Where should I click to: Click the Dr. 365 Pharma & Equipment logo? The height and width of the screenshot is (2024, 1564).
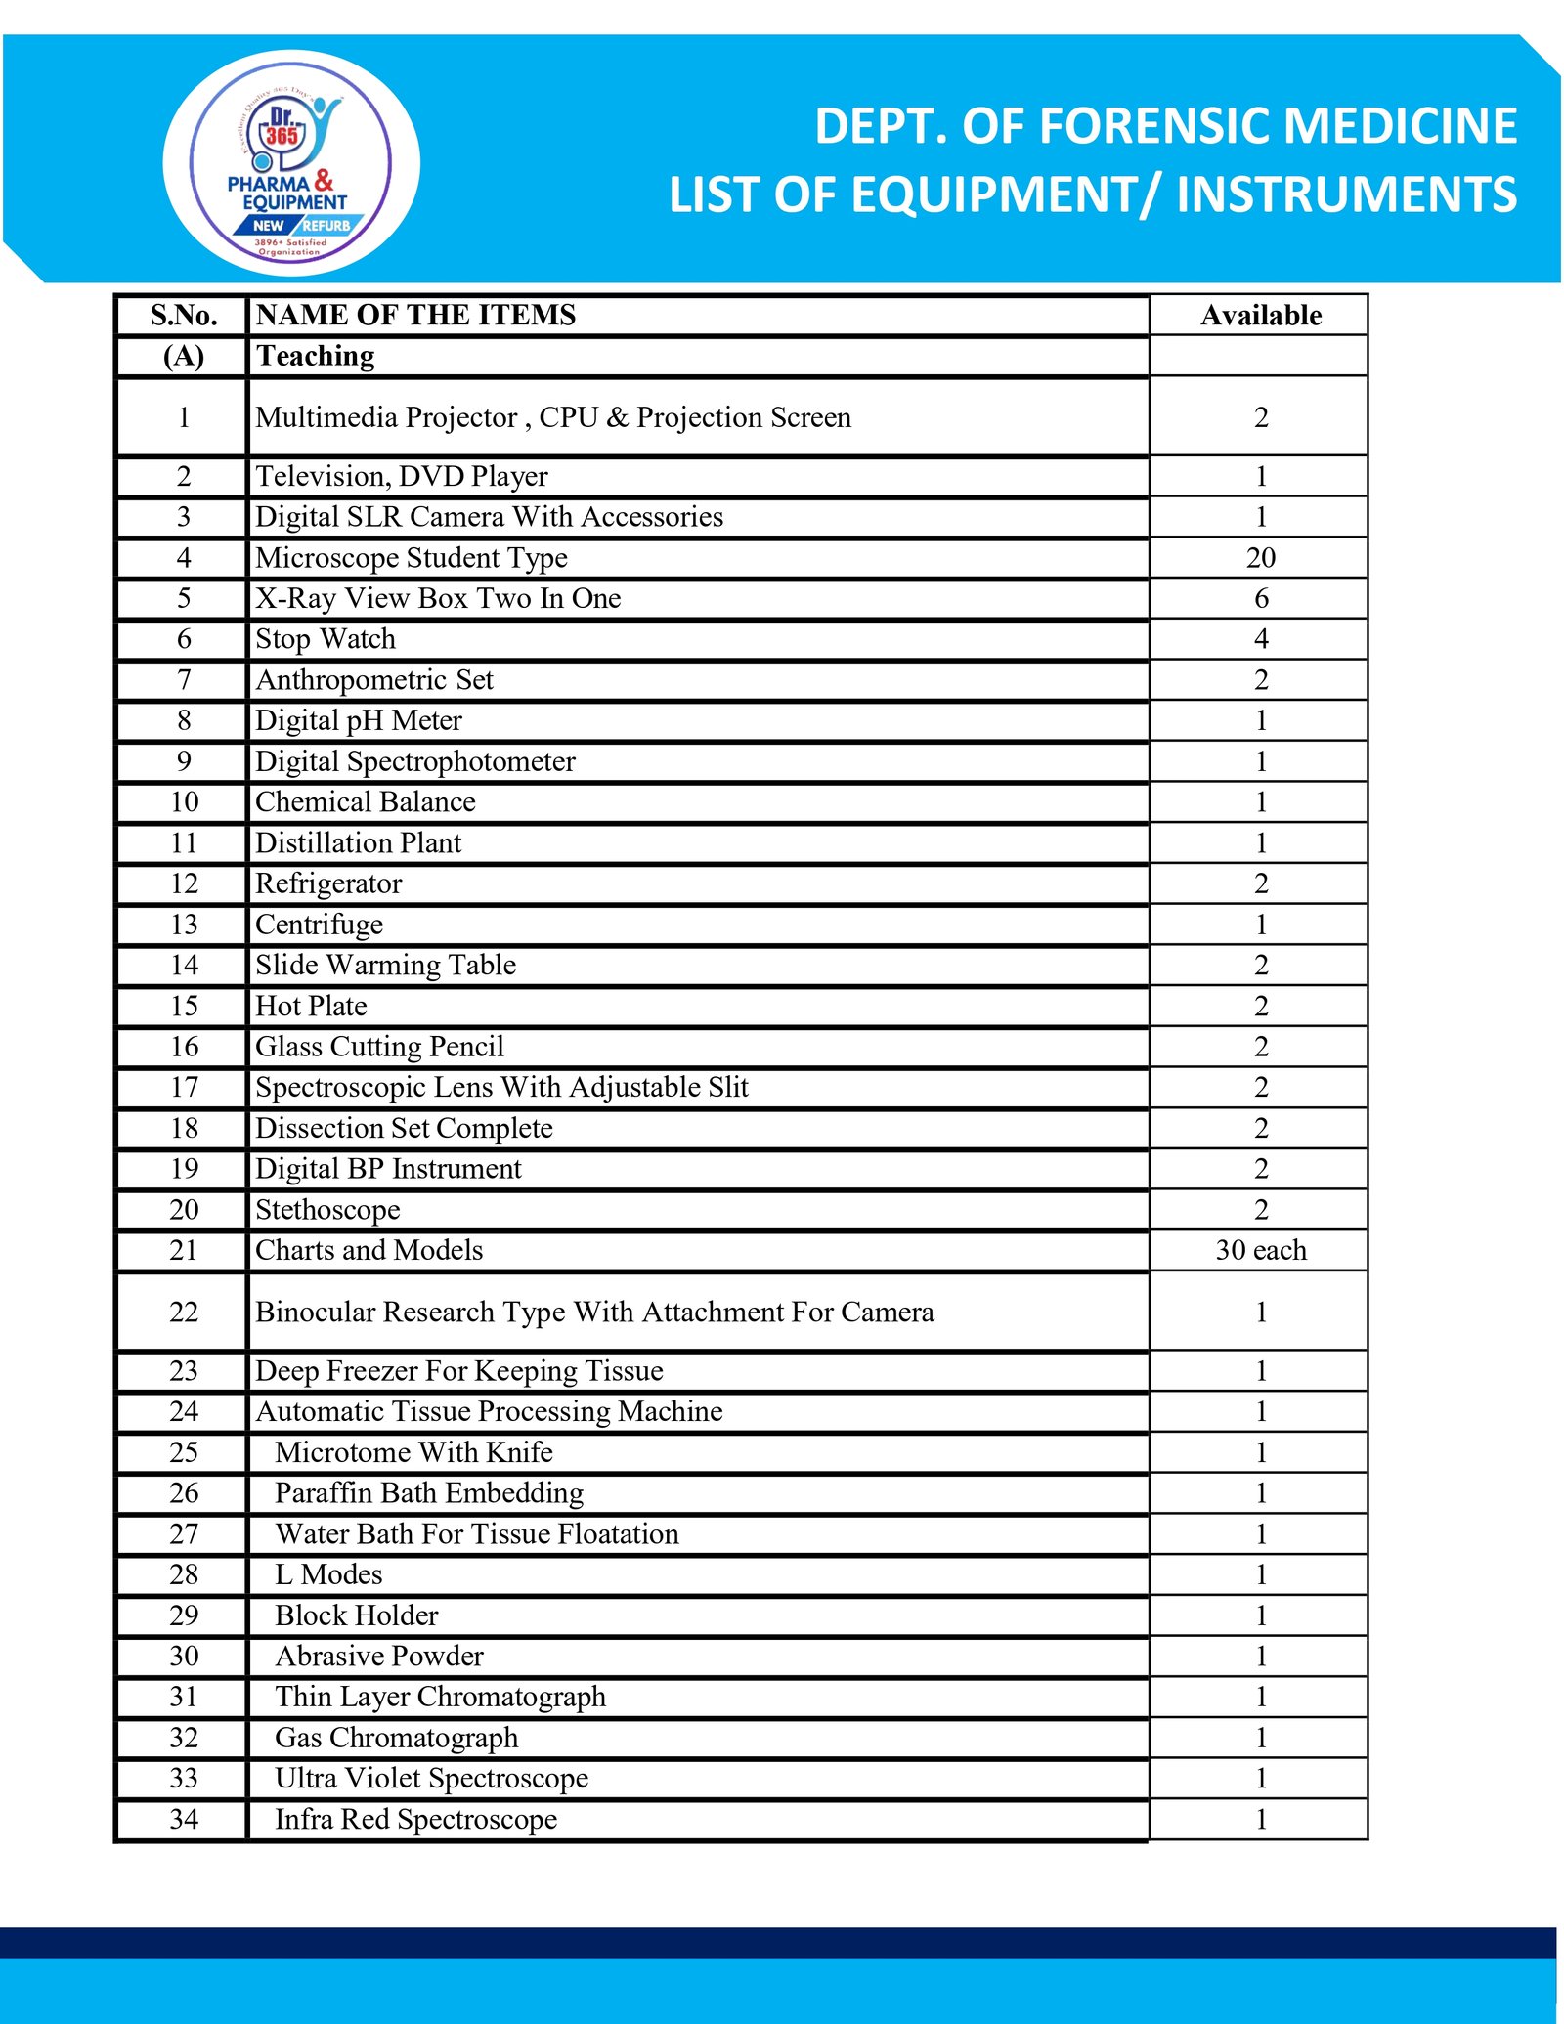tap(290, 164)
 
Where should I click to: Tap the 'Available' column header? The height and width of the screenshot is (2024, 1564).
tap(1260, 316)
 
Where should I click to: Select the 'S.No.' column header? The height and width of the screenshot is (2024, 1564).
tap(184, 316)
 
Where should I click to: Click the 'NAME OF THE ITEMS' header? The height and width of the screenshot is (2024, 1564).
tap(415, 316)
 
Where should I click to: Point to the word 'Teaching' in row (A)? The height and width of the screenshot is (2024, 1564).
tap(315, 357)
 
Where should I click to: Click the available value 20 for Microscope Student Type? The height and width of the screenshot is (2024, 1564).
tap(1260, 558)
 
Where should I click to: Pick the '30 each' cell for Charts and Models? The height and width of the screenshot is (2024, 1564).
tap(1260, 1251)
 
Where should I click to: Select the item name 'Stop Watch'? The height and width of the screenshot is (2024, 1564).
tap(326, 639)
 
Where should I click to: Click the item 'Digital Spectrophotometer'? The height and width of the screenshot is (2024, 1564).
tap(415, 761)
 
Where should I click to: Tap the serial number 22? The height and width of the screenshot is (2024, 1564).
tap(184, 1313)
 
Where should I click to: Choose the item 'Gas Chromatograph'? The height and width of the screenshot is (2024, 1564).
tap(396, 1738)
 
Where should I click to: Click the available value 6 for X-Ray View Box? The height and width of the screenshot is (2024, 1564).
tap(1261, 599)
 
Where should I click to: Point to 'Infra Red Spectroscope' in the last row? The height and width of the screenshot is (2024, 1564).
tap(415, 1820)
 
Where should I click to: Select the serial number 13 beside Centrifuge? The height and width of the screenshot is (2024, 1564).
tap(184, 925)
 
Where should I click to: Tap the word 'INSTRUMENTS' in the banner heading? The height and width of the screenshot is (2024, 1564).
tap(1346, 194)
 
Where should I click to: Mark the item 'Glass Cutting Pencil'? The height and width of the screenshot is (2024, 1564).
tap(379, 1047)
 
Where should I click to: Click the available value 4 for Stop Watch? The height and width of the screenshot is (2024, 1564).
tap(1261, 639)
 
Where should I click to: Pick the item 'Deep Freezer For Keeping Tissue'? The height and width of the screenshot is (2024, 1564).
tap(458, 1371)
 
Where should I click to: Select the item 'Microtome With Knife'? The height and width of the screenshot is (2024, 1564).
tap(413, 1453)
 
